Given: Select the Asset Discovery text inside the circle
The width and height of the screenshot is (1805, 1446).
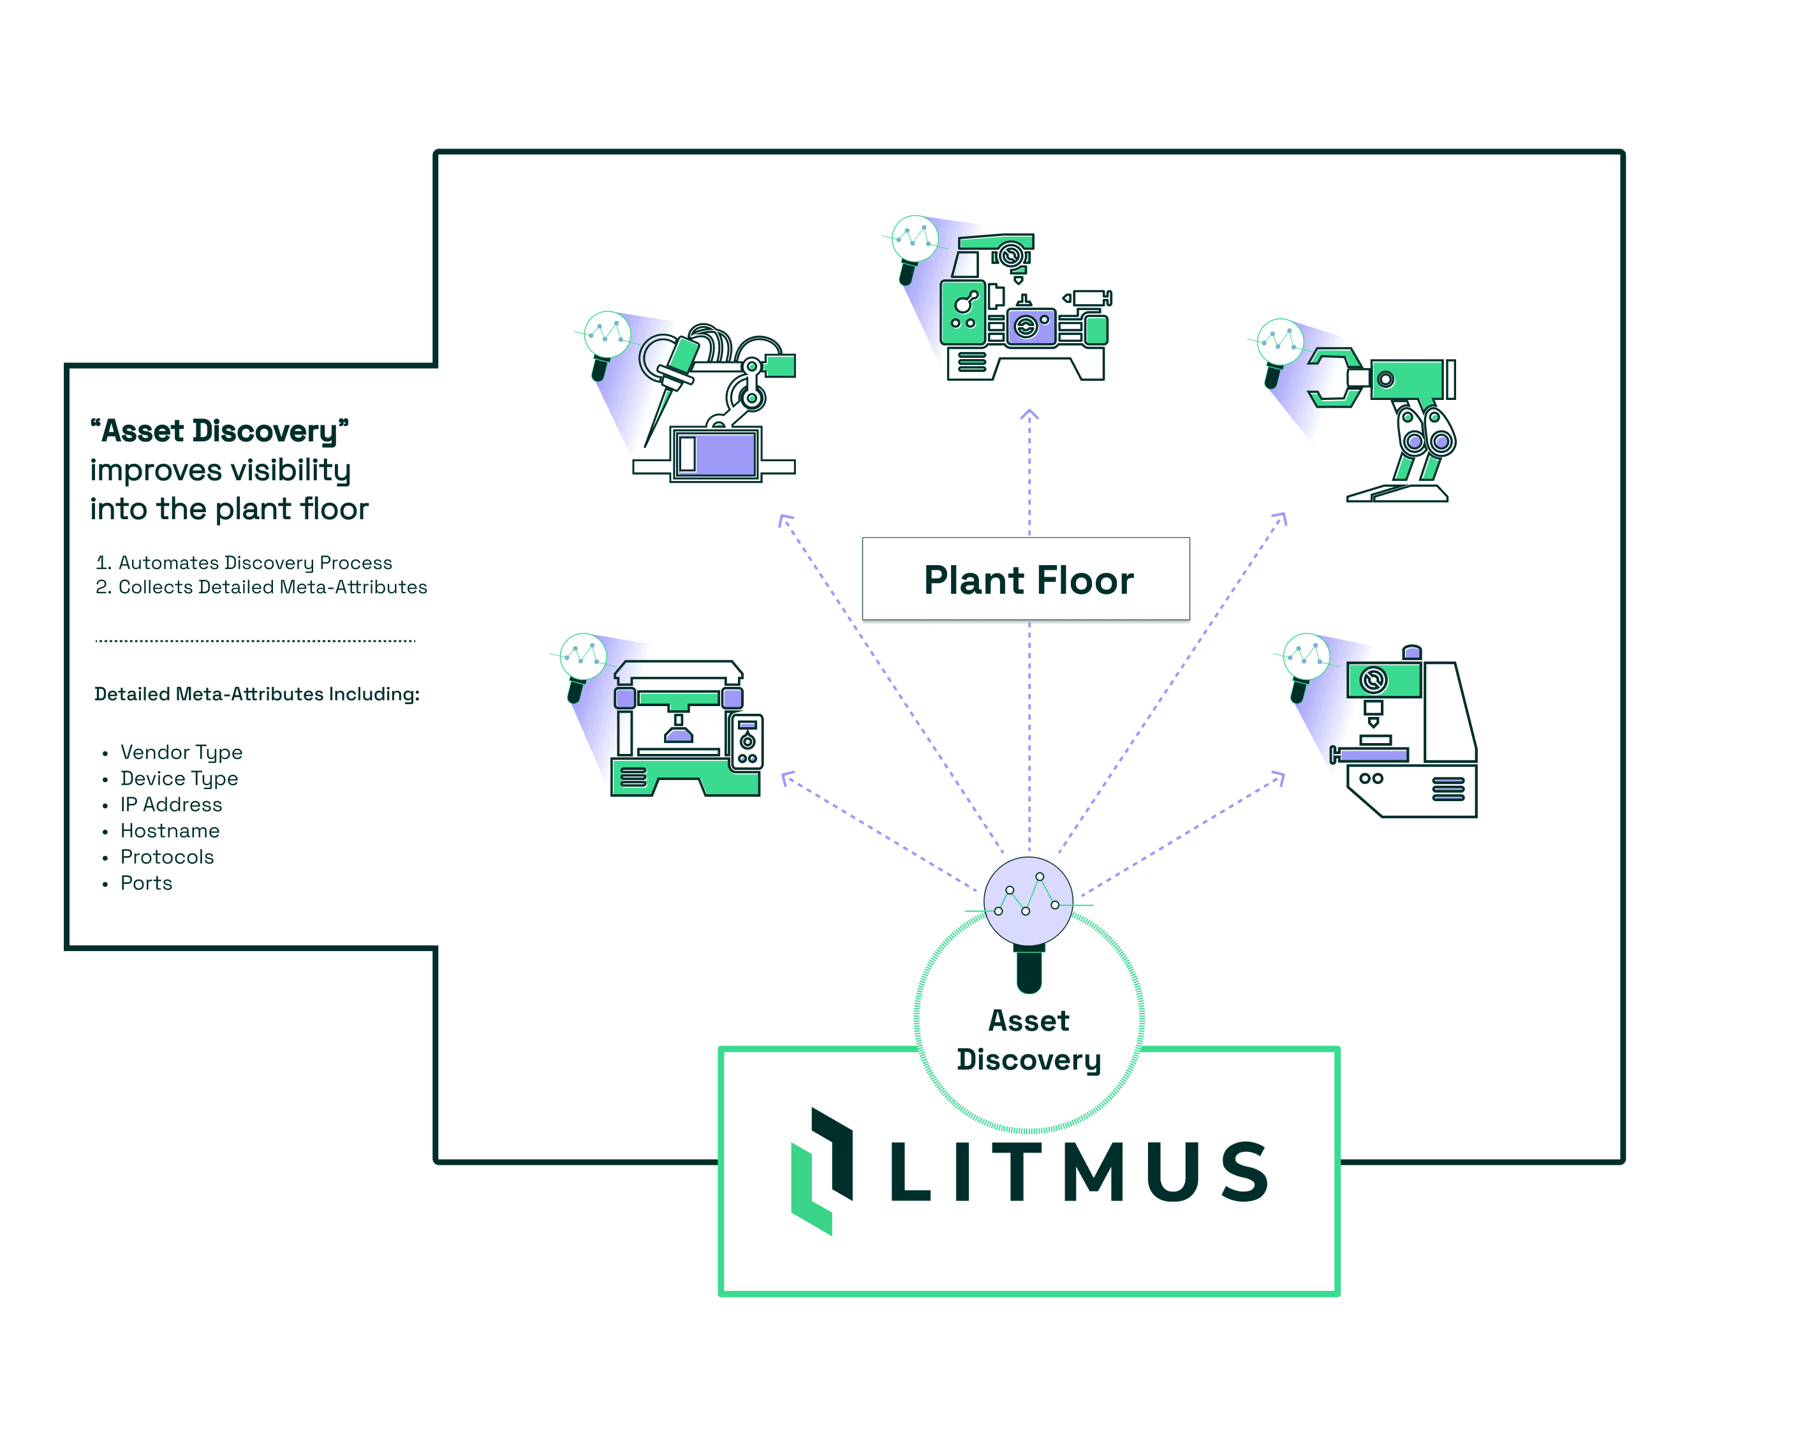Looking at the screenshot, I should tap(1028, 1039).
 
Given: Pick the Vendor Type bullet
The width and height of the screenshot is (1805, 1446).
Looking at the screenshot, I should tap(181, 752).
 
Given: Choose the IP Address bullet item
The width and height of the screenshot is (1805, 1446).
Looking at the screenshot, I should tap(171, 804).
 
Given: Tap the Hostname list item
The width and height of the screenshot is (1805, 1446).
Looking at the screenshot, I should tap(170, 830).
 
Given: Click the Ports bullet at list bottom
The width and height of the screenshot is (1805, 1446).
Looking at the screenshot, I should tap(147, 883).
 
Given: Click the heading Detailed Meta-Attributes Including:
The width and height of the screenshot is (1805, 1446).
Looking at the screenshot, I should tap(256, 694).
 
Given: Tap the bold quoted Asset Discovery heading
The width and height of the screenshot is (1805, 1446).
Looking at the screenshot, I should tap(219, 431).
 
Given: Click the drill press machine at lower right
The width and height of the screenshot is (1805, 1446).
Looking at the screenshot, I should tap(1406, 733).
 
